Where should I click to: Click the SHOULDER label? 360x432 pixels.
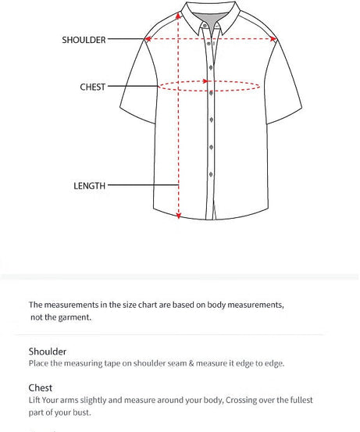[x=84, y=40]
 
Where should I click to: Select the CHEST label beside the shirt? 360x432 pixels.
[x=92, y=87]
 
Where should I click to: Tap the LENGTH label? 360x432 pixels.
[x=89, y=186]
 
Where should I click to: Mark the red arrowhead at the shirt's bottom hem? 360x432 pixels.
[x=180, y=216]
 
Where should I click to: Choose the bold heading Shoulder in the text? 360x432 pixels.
[x=48, y=352]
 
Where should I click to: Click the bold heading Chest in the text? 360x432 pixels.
[x=41, y=387]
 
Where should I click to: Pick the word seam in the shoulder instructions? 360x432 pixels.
[x=193, y=363]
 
